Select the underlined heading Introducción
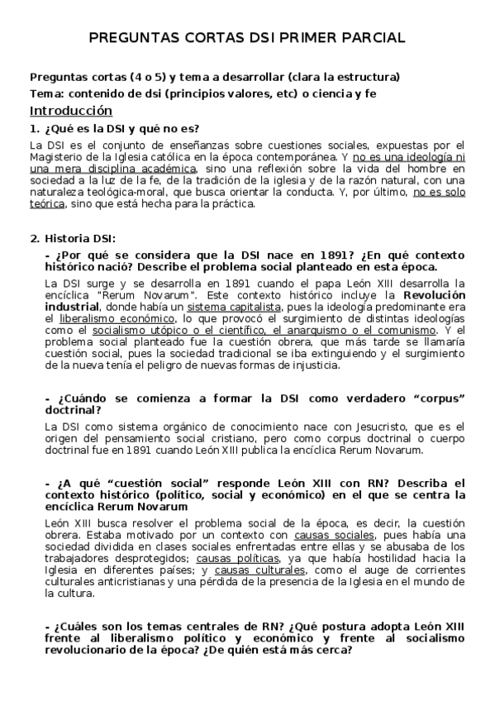pyautogui.click(x=70, y=111)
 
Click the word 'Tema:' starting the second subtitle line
pyautogui.click(x=45, y=93)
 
